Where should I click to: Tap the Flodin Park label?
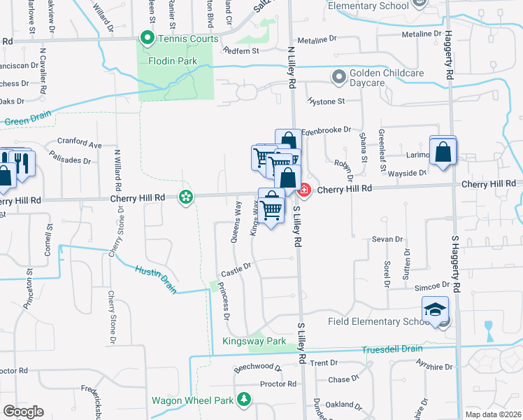(x=173, y=61)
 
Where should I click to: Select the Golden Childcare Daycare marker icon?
(x=340, y=76)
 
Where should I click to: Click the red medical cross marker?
(x=304, y=190)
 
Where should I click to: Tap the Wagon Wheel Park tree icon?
(x=243, y=400)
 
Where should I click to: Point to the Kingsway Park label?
(x=255, y=342)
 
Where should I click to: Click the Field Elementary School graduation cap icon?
(x=435, y=309)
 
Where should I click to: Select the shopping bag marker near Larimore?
(x=443, y=152)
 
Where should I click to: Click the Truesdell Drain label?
(x=392, y=349)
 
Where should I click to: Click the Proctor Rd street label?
(x=278, y=384)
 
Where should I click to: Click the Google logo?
(x=23, y=412)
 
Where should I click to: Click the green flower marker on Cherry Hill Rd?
(x=186, y=198)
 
